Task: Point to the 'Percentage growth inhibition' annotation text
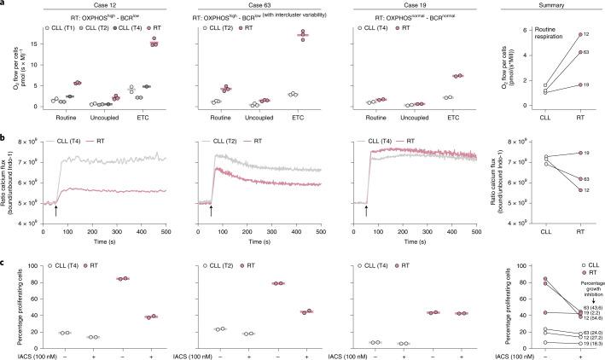[583, 282]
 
